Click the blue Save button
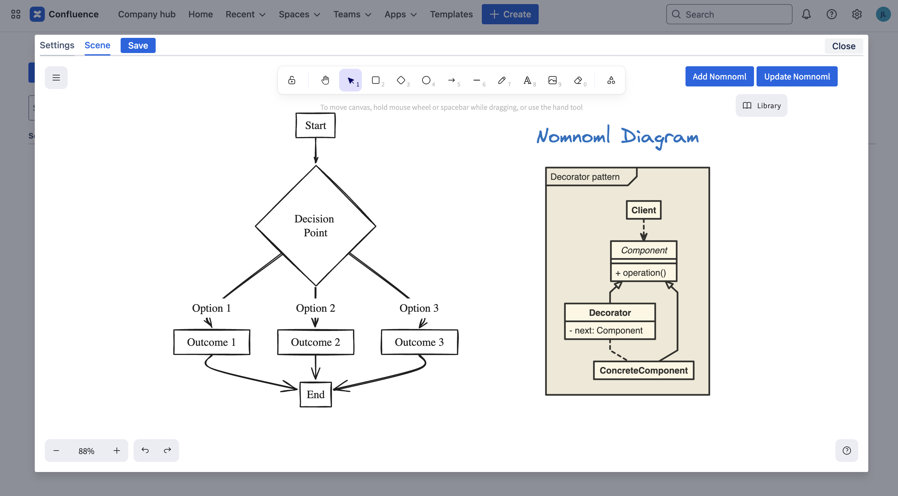(x=138, y=46)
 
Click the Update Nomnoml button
(x=797, y=77)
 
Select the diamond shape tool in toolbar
(x=401, y=80)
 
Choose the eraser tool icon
(x=578, y=80)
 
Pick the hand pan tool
(x=325, y=80)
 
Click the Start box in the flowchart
(x=315, y=125)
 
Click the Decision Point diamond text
(x=315, y=226)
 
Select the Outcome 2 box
(x=315, y=342)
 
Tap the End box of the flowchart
(x=315, y=394)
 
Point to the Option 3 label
(x=419, y=308)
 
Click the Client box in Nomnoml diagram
(x=643, y=210)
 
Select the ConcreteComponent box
(x=643, y=370)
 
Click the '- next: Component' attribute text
(x=609, y=330)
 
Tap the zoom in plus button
(x=117, y=451)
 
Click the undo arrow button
(x=145, y=450)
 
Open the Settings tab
(x=57, y=45)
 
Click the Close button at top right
(x=843, y=46)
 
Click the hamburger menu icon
(x=56, y=78)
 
